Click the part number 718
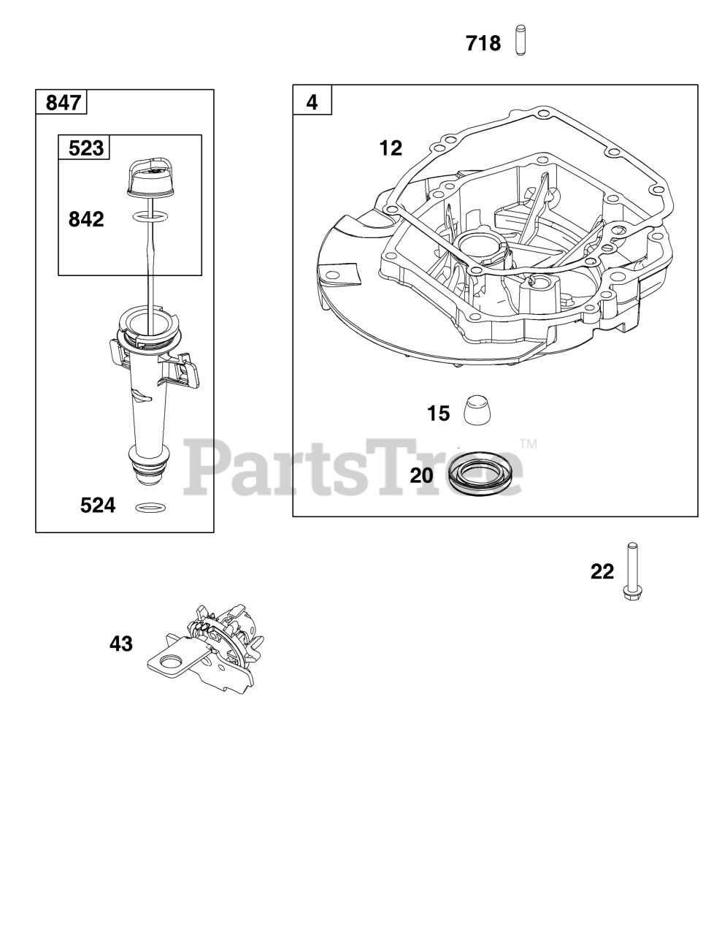[x=483, y=44]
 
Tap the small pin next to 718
[x=520, y=40]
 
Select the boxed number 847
[x=63, y=102]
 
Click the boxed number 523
[x=85, y=148]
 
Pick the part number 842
[x=86, y=219]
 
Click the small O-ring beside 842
[x=149, y=217]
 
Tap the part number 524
[x=98, y=505]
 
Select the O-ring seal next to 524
[x=150, y=506]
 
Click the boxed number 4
[x=312, y=102]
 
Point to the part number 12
[x=391, y=148]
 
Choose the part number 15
[x=438, y=414]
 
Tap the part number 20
[x=421, y=476]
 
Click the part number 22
[x=602, y=572]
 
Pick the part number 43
[x=121, y=644]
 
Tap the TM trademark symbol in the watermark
[x=528, y=444]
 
